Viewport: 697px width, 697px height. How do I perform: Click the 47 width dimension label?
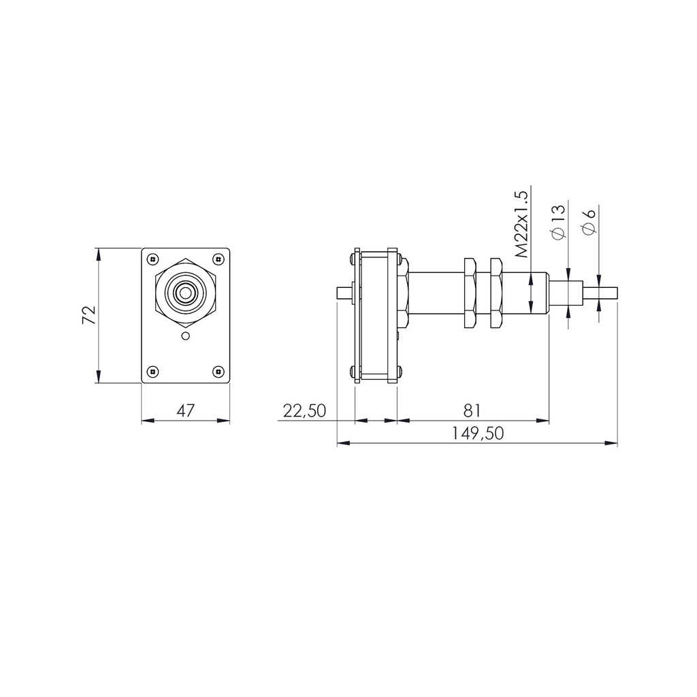click(x=185, y=410)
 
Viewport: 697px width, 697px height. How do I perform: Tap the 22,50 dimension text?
click(x=304, y=410)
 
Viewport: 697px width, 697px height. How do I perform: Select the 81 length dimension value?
click(x=472, y=410)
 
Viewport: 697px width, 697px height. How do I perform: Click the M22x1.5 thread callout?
click(x=521, y=223)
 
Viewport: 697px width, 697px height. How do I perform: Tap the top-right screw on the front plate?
click(x=218, y=259)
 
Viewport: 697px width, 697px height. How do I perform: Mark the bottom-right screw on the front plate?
click(x=218, y=372)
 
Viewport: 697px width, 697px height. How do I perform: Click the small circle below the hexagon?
click(x=185, y=336)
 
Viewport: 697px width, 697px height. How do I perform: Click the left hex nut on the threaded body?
click(x=470, y=293)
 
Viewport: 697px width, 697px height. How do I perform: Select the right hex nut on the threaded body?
click(x=495, y=293)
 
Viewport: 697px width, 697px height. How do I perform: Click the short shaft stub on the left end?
click(x=344, y=293)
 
